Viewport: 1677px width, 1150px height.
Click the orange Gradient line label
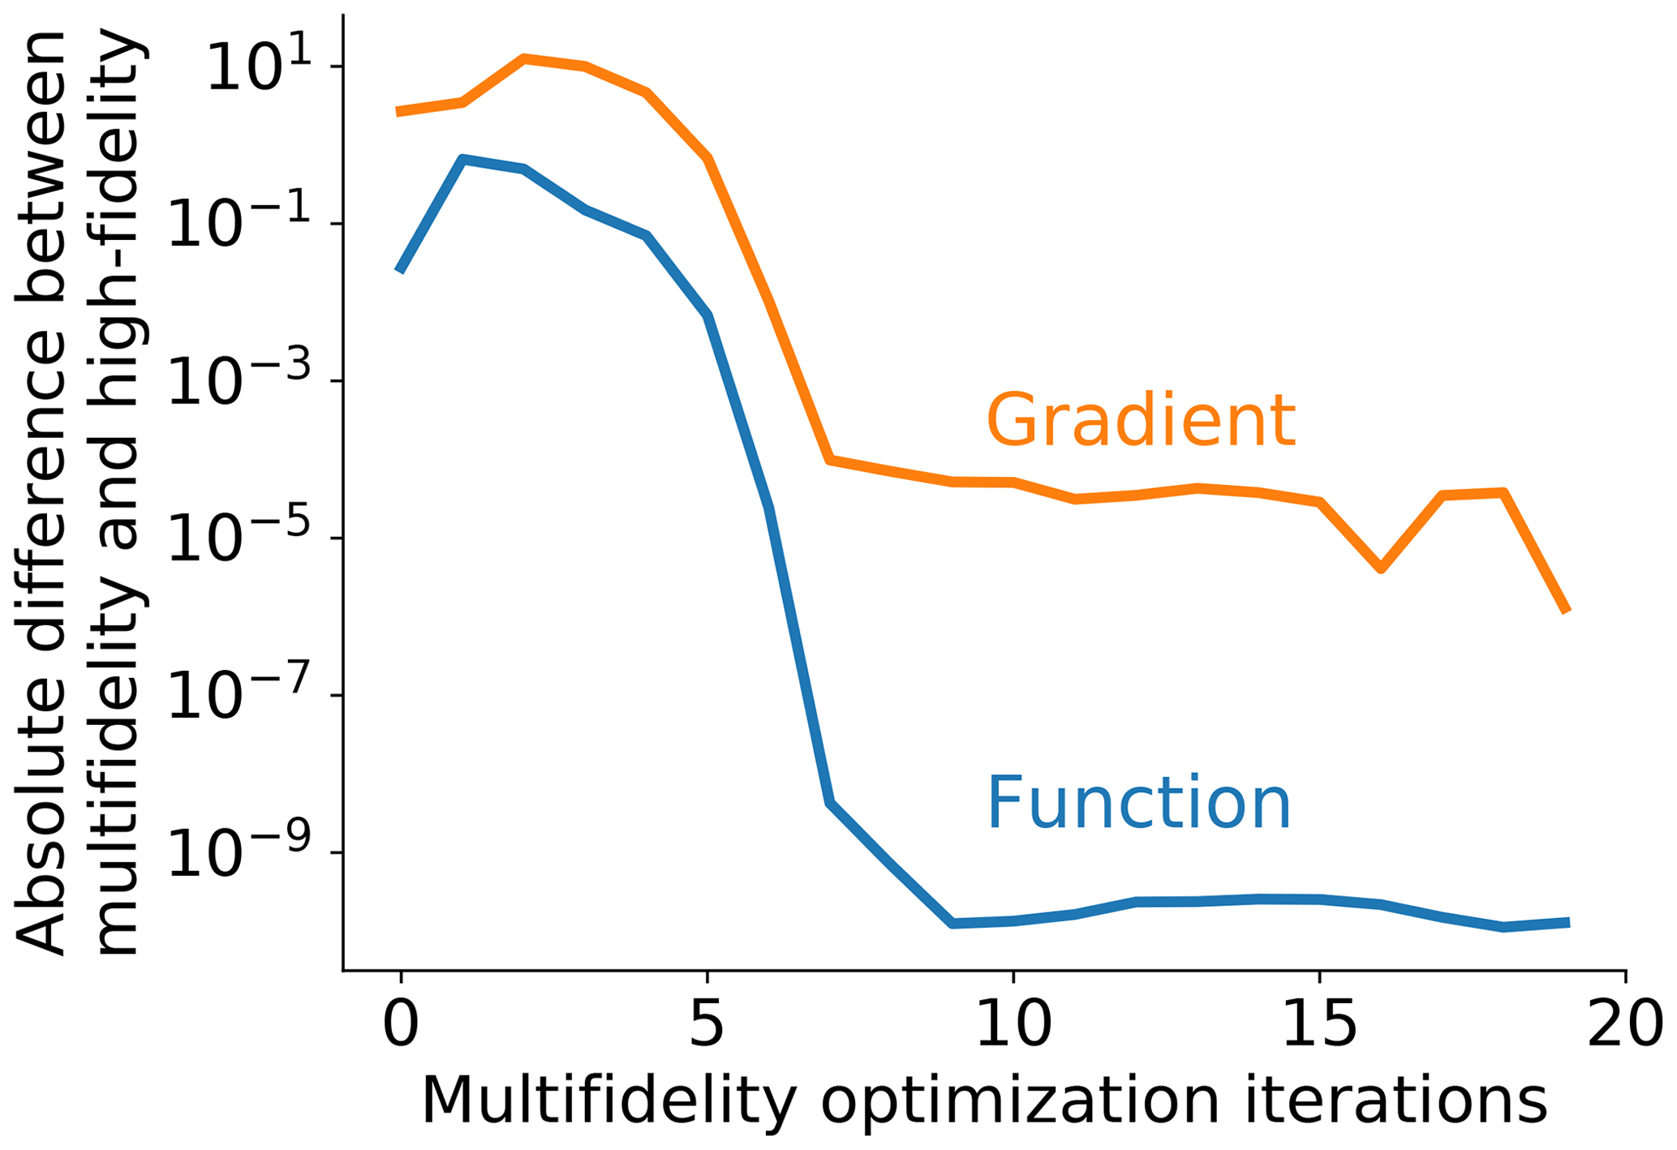point(1140,420)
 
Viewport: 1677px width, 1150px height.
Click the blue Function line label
point(1137,804)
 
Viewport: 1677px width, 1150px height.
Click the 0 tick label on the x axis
point(401,1025)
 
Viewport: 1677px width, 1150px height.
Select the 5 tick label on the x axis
point(707,1025)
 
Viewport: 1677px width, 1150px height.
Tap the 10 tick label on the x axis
point(1013,1025)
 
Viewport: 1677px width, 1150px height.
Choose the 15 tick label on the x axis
point(1320,1025)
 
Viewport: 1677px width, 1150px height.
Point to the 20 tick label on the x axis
point(1625,1025)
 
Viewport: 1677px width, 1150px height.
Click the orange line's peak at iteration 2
point(524,58)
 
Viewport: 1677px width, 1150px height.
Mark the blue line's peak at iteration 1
point(462,159)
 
